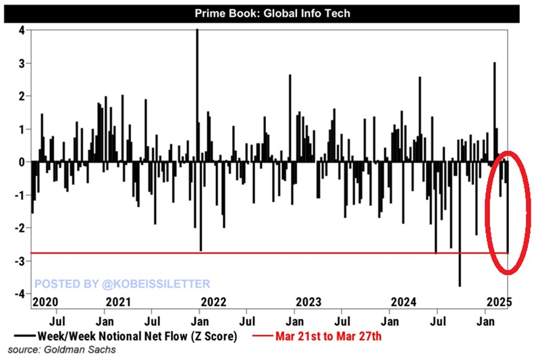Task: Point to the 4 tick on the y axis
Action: click(x=22, y=30)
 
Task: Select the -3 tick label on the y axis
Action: click(x=20, y=261)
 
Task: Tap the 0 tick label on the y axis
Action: click(x=22, y=162)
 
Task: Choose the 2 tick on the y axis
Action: click(x=22, y=97)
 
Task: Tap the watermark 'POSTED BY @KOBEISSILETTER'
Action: click(x=122, y=284)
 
